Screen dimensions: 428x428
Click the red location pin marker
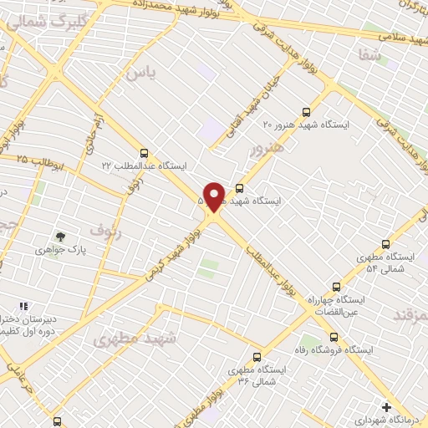coord(214,196)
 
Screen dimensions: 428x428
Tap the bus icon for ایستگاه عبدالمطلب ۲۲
coord(145,153)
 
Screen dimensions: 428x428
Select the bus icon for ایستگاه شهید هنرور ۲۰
coord(306,110)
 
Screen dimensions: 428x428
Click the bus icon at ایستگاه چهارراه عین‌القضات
coord(336,287)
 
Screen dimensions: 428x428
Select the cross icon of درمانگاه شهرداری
coord(385,407)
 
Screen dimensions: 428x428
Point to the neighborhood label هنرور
coord(267,149)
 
